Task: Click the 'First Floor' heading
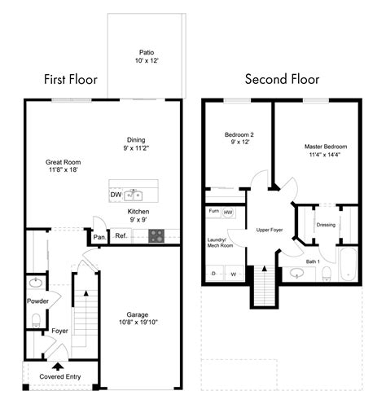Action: (x=71, y=80)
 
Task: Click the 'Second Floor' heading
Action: (x=282, y=80)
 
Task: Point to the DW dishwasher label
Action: (x=115, y=195)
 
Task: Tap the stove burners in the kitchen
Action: (x=156, y=236)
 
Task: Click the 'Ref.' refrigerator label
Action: (x=121, y=237)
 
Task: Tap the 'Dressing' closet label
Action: (x=326, y=225)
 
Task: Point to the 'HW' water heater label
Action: (x=229, y=213)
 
